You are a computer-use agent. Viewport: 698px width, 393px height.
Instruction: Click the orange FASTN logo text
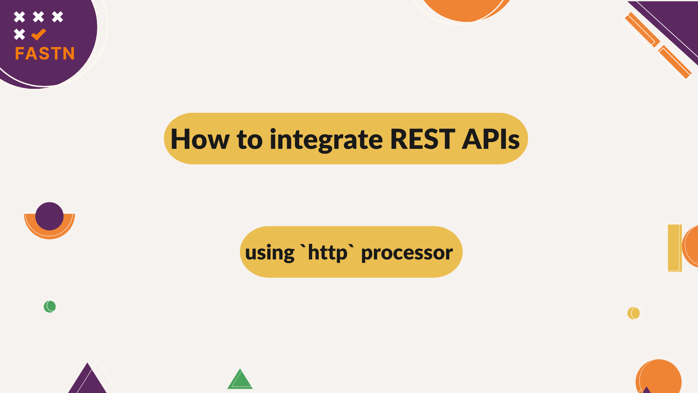45,53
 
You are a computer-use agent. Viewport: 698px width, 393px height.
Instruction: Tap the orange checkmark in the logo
39,35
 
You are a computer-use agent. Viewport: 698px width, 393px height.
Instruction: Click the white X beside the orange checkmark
20,34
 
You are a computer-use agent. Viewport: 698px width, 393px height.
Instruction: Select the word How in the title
200,139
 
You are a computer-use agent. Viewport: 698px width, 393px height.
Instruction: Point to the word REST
422,139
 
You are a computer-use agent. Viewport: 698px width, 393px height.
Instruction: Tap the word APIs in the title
491,139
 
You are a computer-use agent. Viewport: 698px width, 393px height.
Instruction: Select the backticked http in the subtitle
327,253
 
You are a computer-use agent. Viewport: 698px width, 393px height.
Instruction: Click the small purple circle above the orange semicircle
49,216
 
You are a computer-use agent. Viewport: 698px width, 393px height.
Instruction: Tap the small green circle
50,306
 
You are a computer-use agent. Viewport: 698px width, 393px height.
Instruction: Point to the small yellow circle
634,313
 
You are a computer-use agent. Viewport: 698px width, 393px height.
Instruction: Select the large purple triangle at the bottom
87,380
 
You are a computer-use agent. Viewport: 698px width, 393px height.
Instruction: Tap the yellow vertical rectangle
675,248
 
